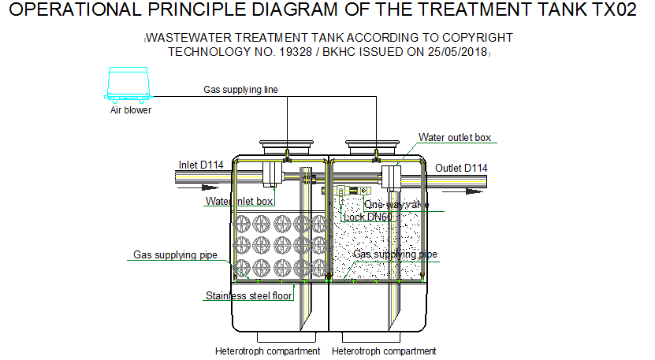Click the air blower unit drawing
[x=129, y=84]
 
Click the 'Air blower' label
[x=130, y=110]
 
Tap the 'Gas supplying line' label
[x=240, y=90]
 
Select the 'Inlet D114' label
[x=201, y=165]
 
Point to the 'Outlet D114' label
[x=461, y=168]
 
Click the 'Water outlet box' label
[x=455, y=138]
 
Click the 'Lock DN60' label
[x=368, y=217]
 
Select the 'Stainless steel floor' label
[x=248, y=296]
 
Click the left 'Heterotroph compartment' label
[x=267, y=351]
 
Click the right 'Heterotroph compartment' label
[x=384, y=351]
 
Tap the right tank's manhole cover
[x=375, y=146]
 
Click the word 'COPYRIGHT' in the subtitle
[x=472, y=38]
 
